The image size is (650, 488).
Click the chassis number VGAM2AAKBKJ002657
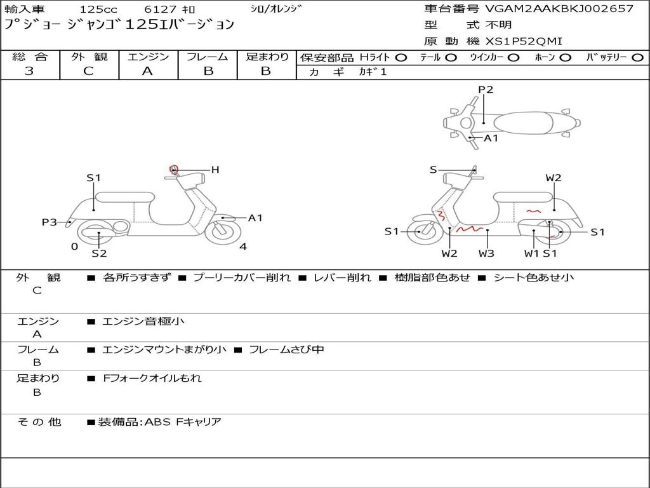(x=559, y=9)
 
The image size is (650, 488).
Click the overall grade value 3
(x=29, y=71)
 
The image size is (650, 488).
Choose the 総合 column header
(x=30, y=57)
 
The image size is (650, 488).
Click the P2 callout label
(x=486, y=90)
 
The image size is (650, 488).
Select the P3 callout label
(x=50, y=222)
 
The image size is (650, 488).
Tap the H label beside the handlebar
(x=215, y=170)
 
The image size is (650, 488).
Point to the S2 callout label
(x=99, y=254)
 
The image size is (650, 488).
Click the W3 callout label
(x=487, y=254)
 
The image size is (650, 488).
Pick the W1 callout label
(x=532, y=254)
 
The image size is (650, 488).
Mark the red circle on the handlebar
(x=174, y=169)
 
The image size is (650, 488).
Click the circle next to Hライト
(x=401, y=58)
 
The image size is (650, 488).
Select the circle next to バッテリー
(x=637, y=58)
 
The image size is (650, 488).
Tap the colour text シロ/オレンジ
(x=276, y=9)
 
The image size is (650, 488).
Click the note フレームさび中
(x=286, y=349)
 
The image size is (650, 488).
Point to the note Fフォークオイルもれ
(x=152, y=378)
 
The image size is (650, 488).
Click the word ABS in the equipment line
(x=157, y=422)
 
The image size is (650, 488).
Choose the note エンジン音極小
(x=143, y=322)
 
